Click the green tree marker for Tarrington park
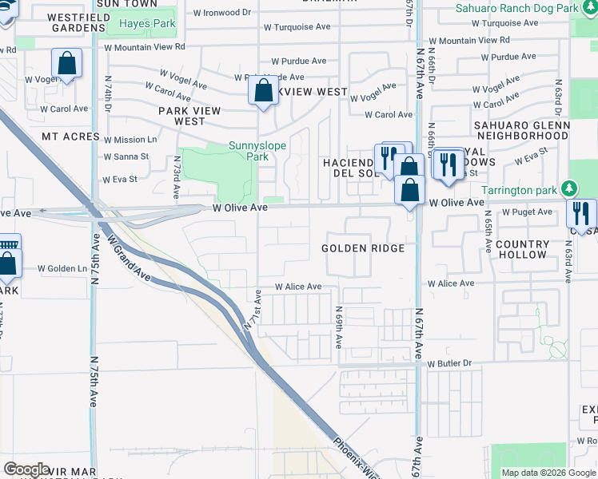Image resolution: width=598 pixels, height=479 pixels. coord(568,189)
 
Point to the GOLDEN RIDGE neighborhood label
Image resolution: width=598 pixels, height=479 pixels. coord(363,248)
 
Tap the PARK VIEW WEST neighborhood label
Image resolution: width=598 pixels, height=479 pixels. coord(193,116)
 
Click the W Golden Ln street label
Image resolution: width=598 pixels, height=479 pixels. coord(62,268)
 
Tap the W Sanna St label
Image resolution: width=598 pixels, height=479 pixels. coord(126,156)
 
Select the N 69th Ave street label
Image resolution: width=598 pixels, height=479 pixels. coord(339,327)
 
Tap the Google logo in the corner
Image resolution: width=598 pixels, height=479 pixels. coord(26,469)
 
